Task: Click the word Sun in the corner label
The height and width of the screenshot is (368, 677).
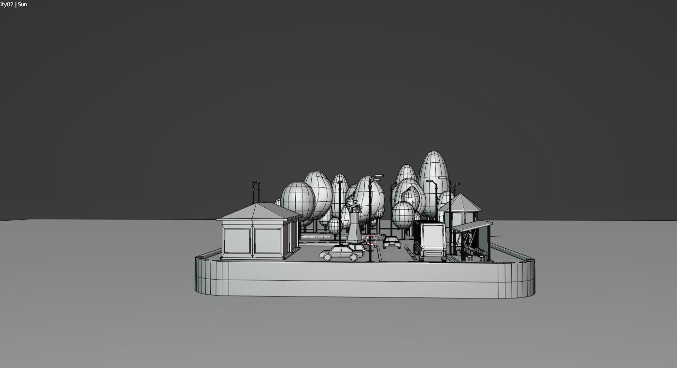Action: coord(22,4)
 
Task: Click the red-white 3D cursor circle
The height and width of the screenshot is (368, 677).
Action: coord(371,240)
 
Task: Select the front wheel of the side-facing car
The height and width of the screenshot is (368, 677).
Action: coord(328,257)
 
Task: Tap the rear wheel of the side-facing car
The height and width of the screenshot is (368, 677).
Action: coord(354,257)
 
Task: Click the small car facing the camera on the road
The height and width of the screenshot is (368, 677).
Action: coord(391,241)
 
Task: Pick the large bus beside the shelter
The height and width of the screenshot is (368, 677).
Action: coord(432,241)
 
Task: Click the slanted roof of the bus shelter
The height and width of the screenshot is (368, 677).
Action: coord(472,226)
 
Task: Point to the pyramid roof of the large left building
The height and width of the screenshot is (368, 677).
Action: coord(259,212)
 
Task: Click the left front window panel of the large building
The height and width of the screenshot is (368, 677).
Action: coord(237,241)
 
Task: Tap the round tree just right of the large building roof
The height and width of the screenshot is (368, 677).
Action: coord(298,200)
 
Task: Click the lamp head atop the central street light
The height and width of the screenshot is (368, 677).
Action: coord(378,176)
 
